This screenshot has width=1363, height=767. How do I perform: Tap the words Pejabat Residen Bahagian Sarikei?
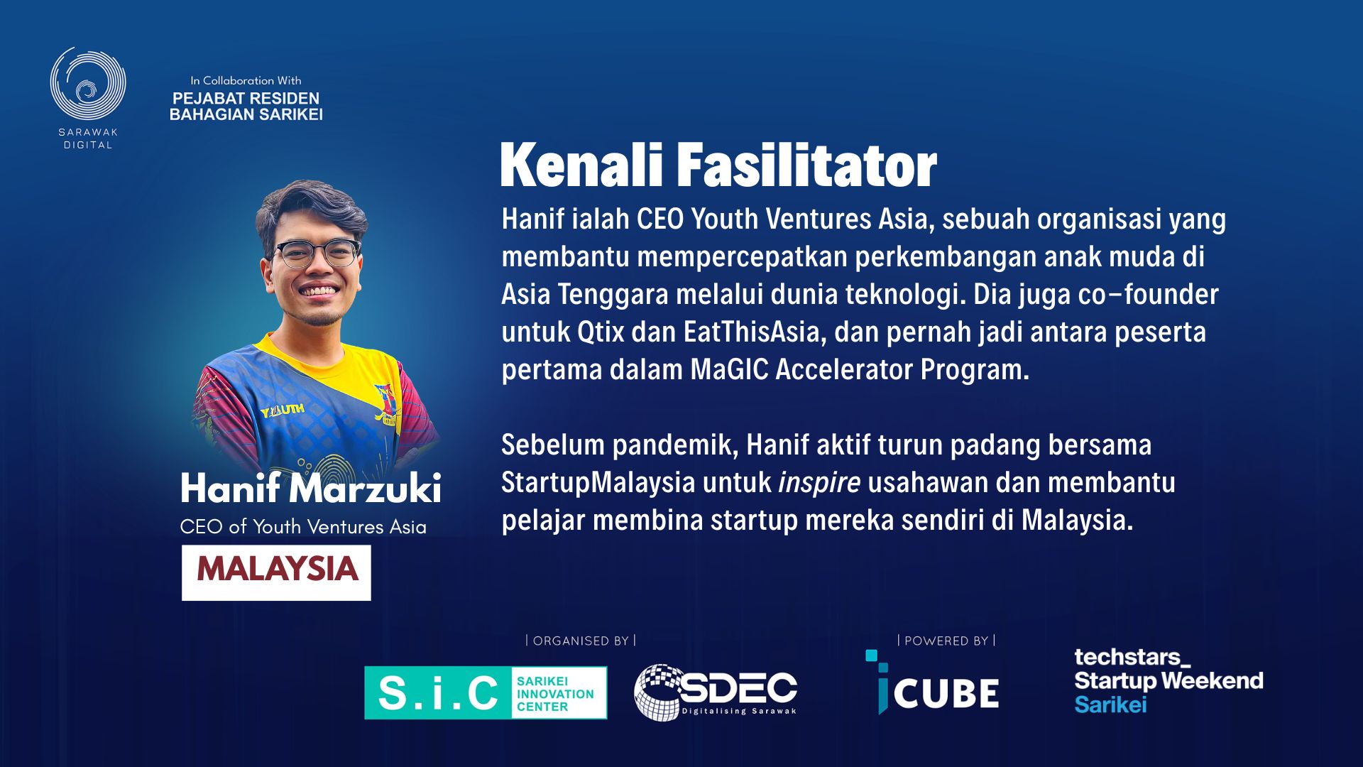point(246,106)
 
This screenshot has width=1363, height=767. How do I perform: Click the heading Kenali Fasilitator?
point(718,165)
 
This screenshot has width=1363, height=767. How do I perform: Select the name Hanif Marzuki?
point(311,489)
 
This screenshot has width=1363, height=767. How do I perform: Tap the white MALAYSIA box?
point(276,572)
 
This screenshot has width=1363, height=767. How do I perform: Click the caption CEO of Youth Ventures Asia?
point(303,527)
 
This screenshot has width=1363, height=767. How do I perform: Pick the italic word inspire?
point(819,483)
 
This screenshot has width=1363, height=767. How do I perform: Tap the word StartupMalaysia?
point(598,483)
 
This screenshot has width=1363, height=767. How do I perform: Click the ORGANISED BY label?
point(581,641)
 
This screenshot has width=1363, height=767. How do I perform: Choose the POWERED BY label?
point(946,641)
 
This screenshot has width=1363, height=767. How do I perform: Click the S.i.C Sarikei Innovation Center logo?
point(486,692)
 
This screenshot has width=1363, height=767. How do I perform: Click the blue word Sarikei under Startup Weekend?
point(1110,705)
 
